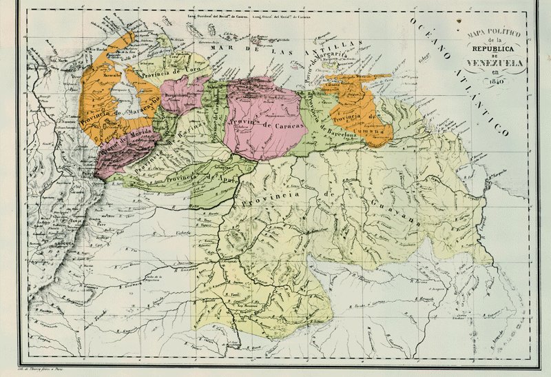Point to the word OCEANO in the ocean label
tap(428, 39)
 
